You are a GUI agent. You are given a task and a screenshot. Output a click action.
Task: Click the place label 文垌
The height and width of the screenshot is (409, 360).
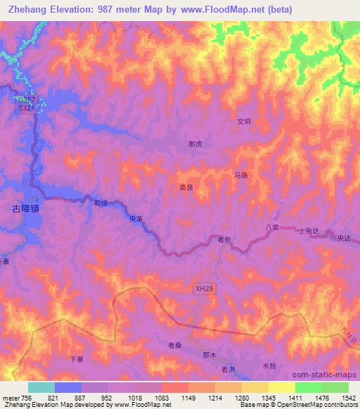[243, 121]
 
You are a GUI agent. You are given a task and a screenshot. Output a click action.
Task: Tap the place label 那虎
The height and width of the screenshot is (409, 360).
[195, 144]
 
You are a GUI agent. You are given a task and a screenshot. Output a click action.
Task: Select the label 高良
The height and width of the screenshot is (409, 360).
[186, 188]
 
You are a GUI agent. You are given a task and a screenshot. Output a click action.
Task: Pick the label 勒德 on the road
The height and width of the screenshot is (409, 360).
[101, 202]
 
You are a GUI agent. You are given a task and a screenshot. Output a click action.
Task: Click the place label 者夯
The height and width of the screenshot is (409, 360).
[224, 240]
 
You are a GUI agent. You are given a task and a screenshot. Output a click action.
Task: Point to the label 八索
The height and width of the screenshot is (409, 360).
[272, 227]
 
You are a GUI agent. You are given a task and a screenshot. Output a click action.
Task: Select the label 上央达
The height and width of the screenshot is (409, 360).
[310, 231]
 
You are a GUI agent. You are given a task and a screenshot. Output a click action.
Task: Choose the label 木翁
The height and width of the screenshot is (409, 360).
[269, 366]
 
